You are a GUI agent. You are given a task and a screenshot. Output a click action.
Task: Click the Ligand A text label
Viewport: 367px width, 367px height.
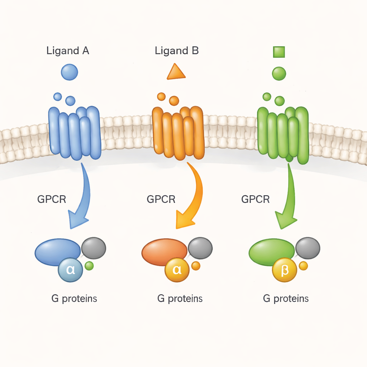pyautogui.click(x=68, y=51)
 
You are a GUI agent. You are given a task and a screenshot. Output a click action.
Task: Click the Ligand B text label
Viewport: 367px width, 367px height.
pyautogui.click(x=177, y=51)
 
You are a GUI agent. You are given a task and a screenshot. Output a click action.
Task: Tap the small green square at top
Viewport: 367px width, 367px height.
pyautogui.click(x=279, y=52)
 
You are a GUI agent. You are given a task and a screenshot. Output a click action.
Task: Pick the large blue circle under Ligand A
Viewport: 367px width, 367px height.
pyautogui.click(x=70, y=72)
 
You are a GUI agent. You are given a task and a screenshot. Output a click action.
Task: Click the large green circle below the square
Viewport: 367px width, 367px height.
pyautogui.click(x=279, y=73)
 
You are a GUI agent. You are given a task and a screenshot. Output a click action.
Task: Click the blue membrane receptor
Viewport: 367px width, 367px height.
pyautogui.click(x=75, y=133)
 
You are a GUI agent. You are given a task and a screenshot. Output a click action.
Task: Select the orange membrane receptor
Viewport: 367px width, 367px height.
pyautogui.click(x=178, y=133)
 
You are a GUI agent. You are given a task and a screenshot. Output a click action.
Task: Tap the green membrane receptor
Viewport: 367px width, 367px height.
pyautogui.click(x=283, y=134)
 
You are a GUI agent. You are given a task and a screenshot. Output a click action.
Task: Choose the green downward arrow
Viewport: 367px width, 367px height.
pyautogui.click(x=289, y=201)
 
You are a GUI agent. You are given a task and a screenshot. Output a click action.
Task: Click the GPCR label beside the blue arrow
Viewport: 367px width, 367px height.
pyautogui.click(x=52, y=199)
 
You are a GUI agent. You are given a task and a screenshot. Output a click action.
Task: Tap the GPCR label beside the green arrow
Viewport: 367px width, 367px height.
pyautogui.click(x=256, y=199)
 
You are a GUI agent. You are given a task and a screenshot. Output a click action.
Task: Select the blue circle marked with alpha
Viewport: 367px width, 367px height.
pyautogui.click(x=71, y=270)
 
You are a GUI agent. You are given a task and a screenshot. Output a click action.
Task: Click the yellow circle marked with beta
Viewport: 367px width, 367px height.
pyautogui.click(x=285, y=270)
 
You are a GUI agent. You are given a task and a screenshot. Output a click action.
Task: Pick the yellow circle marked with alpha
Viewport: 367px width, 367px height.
pyautogui.click(x=177, y=270)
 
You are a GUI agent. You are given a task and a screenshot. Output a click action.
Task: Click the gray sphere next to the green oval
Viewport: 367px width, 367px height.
pyautogui.click(x=308, y=248)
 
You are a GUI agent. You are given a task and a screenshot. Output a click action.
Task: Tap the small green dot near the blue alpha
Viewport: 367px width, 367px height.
pyautogui.click(x=89, y=266)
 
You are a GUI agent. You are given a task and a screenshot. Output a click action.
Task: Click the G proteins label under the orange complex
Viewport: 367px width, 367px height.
pyautogui.click(x=180, y=298)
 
